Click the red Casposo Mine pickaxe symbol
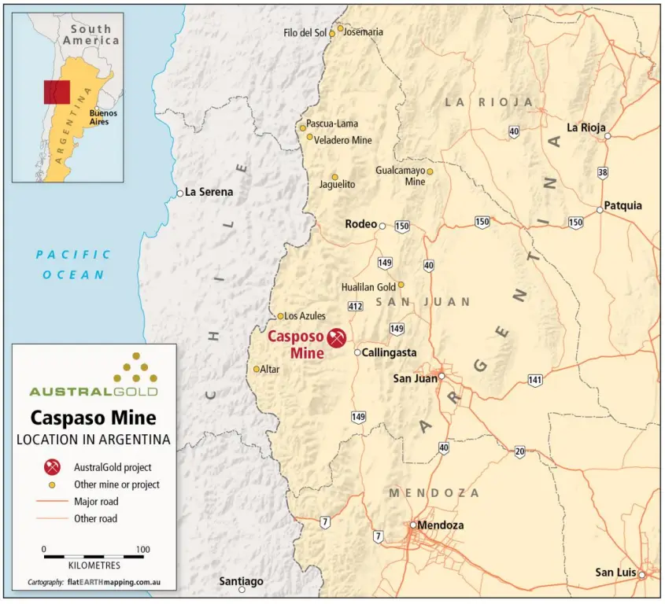(x=338, y=338)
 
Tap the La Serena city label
(x=209, y=192)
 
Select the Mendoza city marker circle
(x=412, y=525)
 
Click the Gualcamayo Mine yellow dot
(x=430, y=171)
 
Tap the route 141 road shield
(x=535, y=380)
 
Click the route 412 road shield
(x=355, y=305)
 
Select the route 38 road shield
(x=603, y=172)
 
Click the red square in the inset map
(x=57, y=92)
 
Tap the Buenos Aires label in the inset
(x=104, y=117)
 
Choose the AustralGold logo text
(x=93, y=391)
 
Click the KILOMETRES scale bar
(x=94, y=557)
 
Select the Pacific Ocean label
(x=73, y=264)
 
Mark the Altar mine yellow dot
(x=256, y=369)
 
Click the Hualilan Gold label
(x=368, y=287)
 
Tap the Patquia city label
(x=623, y=206)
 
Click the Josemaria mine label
(x=364, y=32)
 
